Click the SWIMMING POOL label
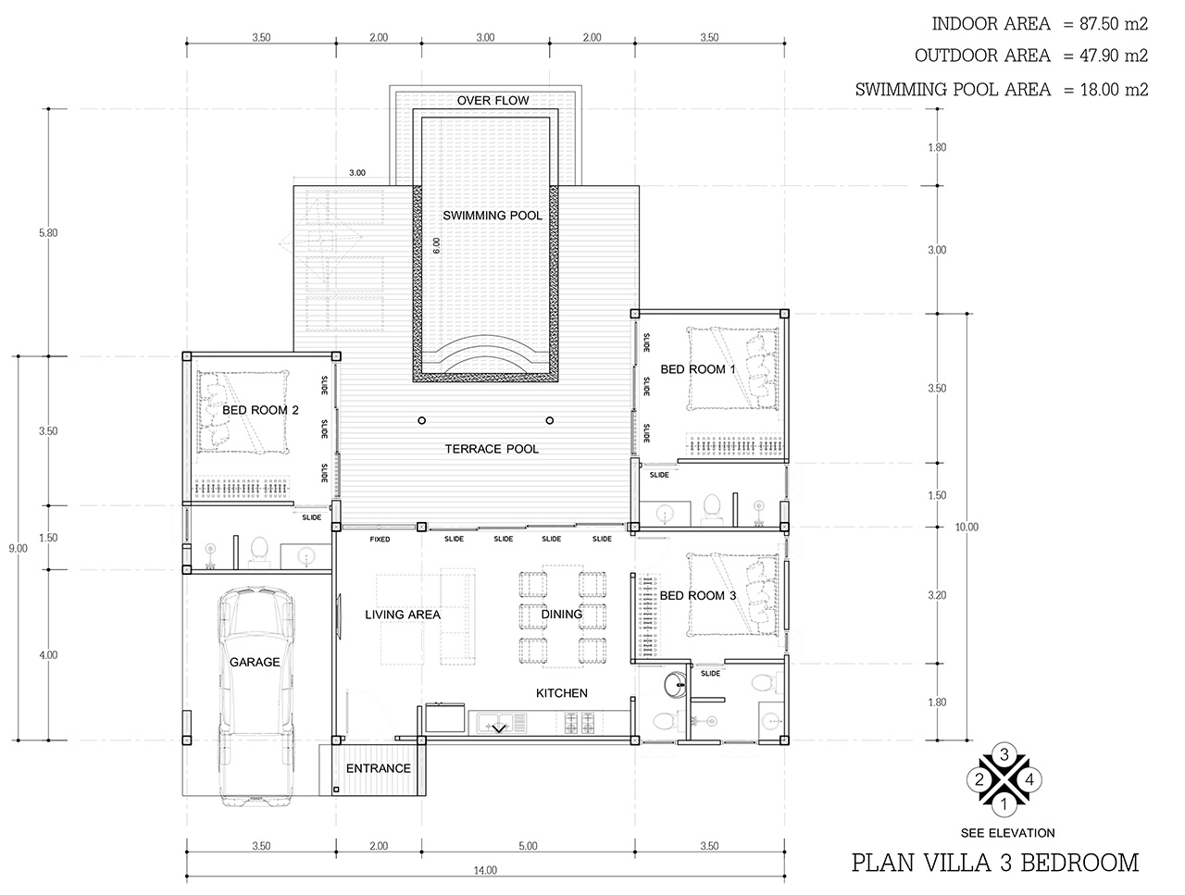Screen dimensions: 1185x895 click(492, 216)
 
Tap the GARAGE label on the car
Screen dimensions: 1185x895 click(255, 662)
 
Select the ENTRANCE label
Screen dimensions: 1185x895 click(378, 768)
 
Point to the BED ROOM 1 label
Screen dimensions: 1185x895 click(697, 369)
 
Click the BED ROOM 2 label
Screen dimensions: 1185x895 click(260, 410)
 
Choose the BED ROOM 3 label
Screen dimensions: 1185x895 click(697, 596)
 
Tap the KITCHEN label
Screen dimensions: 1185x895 click(561, 693)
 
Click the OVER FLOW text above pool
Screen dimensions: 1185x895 click(493, 100)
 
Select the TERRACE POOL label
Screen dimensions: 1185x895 click(492, 449)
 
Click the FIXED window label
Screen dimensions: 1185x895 click(380, 539)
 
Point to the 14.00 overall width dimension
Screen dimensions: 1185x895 click(485, 870)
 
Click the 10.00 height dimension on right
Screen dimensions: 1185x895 click(967, 527)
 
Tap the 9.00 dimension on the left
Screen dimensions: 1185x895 click(18, 548)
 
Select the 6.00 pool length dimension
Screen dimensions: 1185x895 click(436, 245)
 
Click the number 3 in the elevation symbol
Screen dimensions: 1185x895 click(1004, 754)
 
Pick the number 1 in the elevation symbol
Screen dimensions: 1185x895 click(1004, 805)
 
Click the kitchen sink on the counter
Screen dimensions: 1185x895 click(501, 723)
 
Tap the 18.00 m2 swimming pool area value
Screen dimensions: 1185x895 click(1114, 89)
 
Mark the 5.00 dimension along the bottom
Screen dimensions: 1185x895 click(528, 845)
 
